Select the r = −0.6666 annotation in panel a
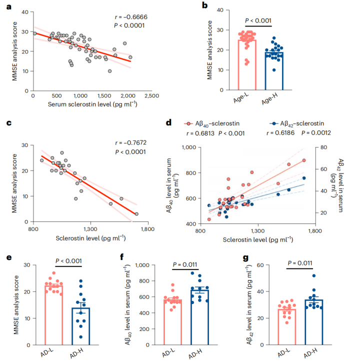tap(131, 16)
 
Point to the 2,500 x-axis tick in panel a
tap(152, 95)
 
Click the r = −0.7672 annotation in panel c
tap(131, 142)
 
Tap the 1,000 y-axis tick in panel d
tap(187, 147)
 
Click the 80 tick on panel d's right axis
tap(323, 147)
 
